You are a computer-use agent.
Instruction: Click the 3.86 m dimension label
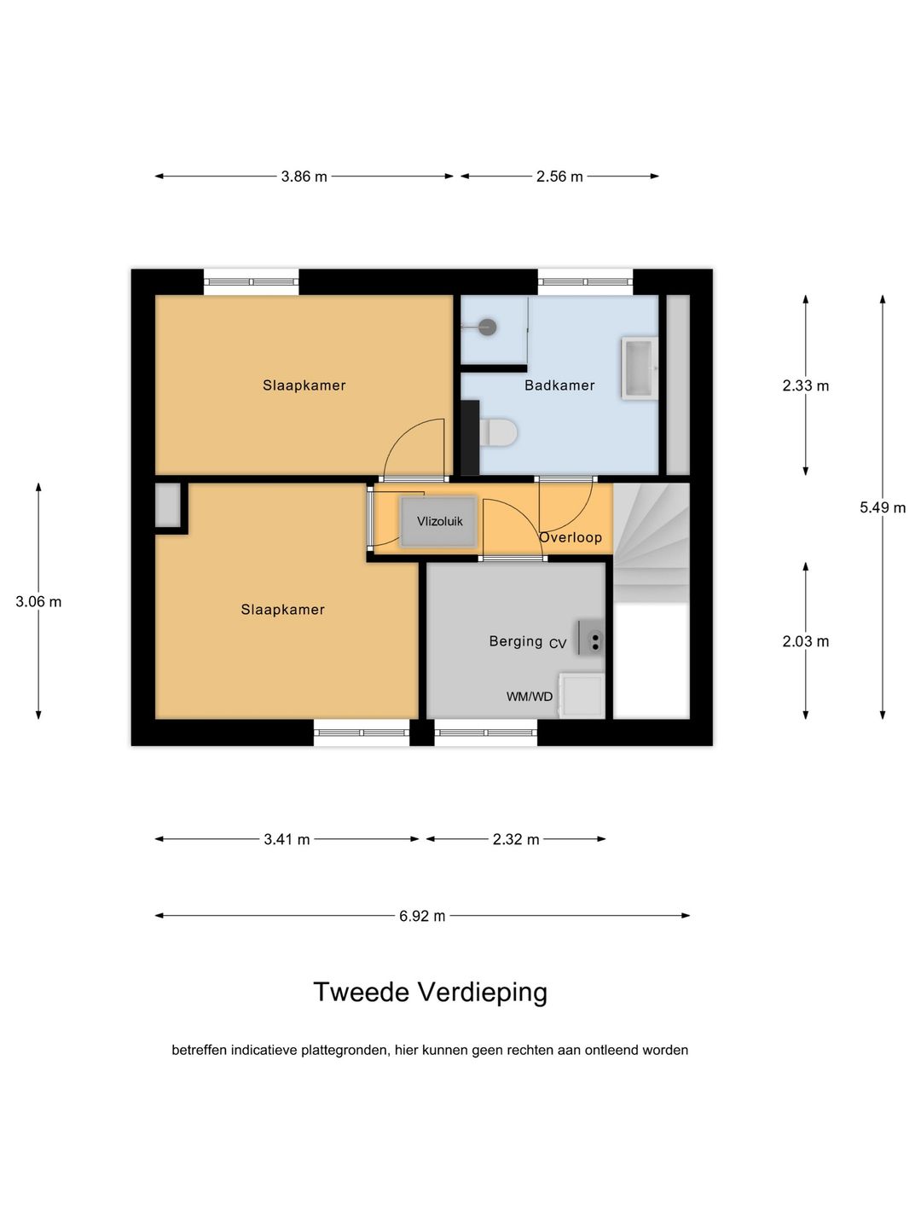[x=304, y=177]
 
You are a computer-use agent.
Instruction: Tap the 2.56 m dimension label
[x=559, y=177]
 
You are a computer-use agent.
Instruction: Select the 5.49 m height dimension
[x=883, y=507]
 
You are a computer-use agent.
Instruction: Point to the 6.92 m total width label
[x=422, y=916]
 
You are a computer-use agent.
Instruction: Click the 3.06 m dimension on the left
[x=38, y=601]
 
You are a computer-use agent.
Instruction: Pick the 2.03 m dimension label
[x=806, y=641]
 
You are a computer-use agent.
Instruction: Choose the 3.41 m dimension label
[x=287, y=839]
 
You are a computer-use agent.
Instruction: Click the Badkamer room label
[x=559, y=385]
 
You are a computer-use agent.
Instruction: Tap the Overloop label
[x=571, y=537]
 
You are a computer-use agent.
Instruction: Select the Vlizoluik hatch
[x=438, y=521]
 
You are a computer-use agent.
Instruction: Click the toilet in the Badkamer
[x=498, y=433]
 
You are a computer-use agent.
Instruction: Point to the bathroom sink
[x=640, y=368]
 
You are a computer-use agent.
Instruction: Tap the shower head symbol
[x=486, y=327]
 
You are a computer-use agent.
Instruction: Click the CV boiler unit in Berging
[x=590, y=638]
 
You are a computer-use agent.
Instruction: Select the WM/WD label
[x=530, y=697]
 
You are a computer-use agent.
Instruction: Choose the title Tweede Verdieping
[x=430, y=992]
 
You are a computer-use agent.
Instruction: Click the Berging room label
[x=515, y=641]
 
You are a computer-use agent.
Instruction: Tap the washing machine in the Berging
[x=582, y=695]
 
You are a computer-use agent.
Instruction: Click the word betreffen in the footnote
[x=199, y=1051]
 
